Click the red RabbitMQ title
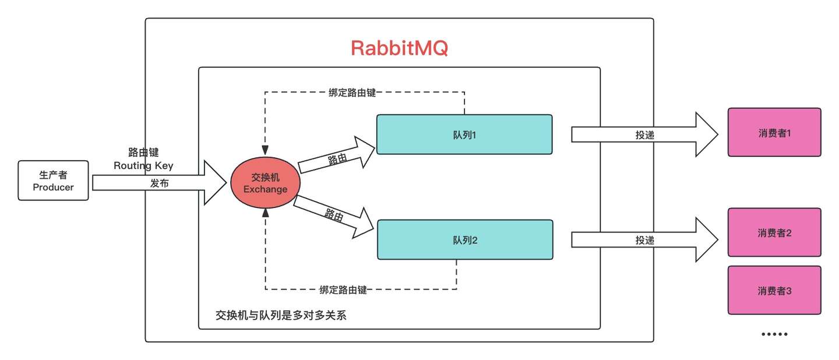click(399, 48)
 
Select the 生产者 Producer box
click(53, 181)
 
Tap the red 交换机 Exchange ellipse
click(265, 183)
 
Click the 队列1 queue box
click(464, 134)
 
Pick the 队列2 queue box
click(464, 239)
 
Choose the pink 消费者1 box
click(774, 132)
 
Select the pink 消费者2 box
click(774, 232)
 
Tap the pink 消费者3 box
click(774, 290)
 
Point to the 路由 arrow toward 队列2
click(335, 216)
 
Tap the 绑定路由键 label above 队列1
click(351, 92)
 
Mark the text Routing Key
click(143, 165)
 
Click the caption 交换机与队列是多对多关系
click(281, 315)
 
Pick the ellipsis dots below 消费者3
click(774, 334)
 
